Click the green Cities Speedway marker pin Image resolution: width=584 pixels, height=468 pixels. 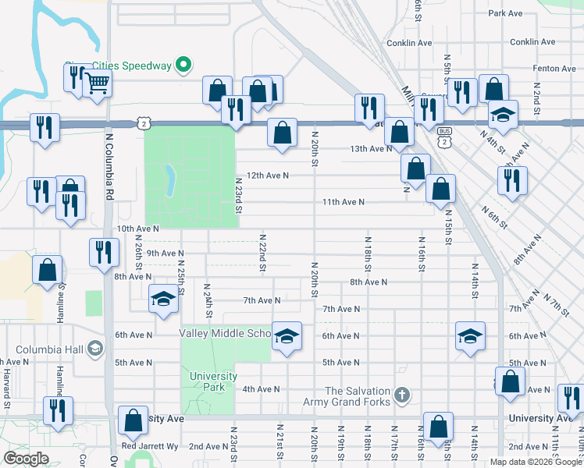pyautogui.click(x=183, y=66)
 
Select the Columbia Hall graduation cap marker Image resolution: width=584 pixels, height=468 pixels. pyautogui.click(x=96, y=347)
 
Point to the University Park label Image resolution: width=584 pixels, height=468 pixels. pyautogui.click(x=213, y=381)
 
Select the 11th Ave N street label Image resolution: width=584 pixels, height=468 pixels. pyautogui.click(x=344, y=202)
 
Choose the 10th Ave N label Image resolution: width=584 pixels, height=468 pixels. pyautogui.click(x=137, y=229)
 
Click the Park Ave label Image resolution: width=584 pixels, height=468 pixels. pyautogui.click(x=504, y=13)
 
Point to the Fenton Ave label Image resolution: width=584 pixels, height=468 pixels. pyautogui.click(x=554, y=69)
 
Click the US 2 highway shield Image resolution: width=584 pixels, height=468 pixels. pyautogui.click(x=142, y=122)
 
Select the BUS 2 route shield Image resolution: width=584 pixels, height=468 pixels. pyautogui.click(x=444, y=137)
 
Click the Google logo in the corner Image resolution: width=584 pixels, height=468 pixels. pyautogui.click(x=26, y=458)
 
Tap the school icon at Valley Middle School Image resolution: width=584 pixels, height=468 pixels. pyautogui.click(x=287, y=337)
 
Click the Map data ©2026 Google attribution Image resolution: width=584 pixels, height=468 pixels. pyautogui.click(x=536, y=462)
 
